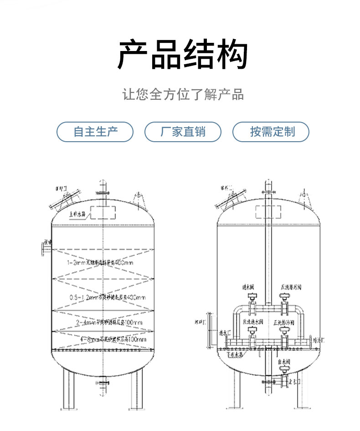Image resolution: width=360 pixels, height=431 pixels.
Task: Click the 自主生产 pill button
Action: coord(95,132)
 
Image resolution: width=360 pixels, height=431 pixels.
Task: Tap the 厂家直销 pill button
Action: coord(183,132)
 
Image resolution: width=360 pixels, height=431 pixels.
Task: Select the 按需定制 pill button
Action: coord(271,132)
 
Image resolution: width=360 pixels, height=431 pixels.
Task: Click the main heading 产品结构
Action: coord(183,54)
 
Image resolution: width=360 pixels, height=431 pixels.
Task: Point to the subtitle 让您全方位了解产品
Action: coord(183,94)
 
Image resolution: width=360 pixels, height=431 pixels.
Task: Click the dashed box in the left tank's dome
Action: coord(103,212)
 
